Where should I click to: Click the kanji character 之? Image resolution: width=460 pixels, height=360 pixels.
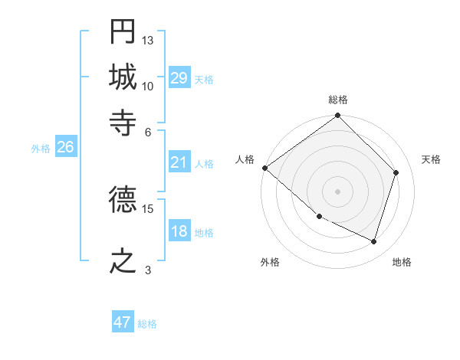(x=123, y=260)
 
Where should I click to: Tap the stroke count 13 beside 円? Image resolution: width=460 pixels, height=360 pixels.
(x=148, y=40)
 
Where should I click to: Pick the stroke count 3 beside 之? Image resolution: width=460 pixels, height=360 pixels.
(x=148, y=269)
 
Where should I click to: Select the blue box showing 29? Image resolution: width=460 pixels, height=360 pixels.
(x=179, y=78)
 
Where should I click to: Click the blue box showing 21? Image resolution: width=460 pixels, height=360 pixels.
(x=179, y=162)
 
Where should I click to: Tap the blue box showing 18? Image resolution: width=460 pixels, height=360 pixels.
(x=179, y=231)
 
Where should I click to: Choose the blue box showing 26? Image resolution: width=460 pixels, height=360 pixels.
(x=65, y=147)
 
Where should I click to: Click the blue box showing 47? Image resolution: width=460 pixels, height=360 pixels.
(x=123, y=322)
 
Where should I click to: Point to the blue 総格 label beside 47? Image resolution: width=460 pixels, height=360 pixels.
(x=147, y=324)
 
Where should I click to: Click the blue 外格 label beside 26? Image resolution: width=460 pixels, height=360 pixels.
(x=41, y=149)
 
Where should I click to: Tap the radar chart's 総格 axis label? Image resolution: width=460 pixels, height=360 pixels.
(x=338, y=100)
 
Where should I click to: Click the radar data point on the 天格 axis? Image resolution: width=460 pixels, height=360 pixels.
(x=396, y=173)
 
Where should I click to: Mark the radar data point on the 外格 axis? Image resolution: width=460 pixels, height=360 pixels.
(x=319, y=216)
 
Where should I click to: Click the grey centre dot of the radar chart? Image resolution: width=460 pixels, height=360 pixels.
(x=337, y=191)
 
